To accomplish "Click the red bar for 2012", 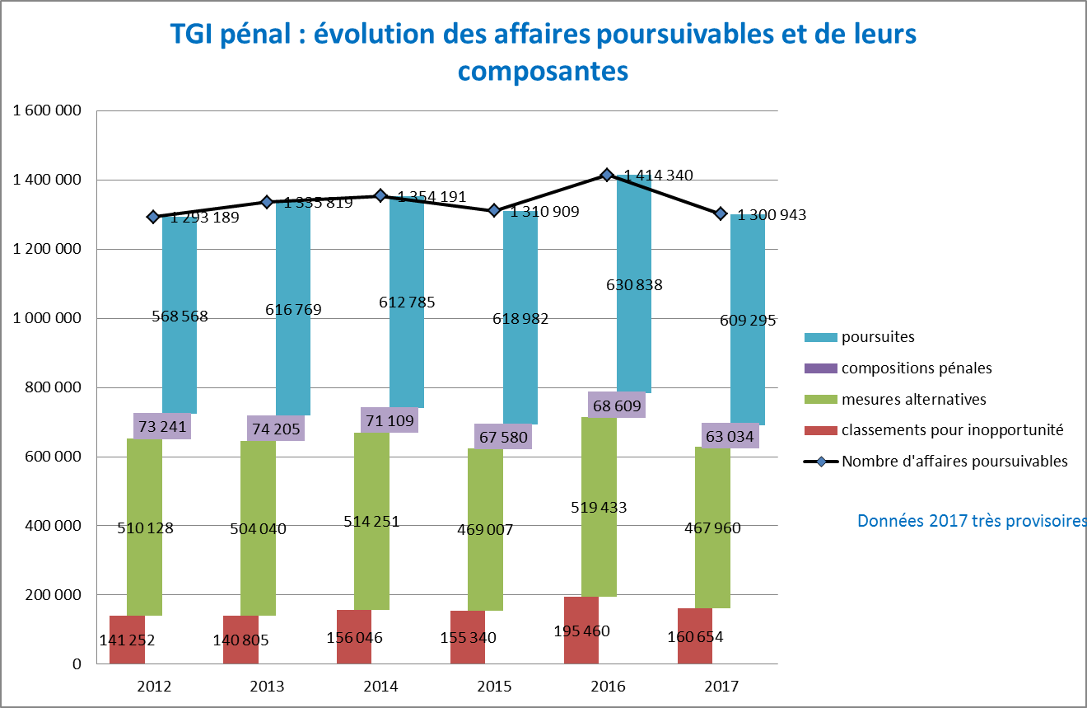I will tap(128, 640).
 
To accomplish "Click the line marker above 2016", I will tap(607, 175).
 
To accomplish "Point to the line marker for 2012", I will tap(153, 217).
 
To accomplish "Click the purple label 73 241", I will tap(161, 425).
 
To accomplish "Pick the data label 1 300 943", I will tap(772, 215).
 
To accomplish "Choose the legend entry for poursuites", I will tap(878, 337).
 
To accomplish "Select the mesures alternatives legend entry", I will tap(913, 400).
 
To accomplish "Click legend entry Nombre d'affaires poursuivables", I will tap(954, 462).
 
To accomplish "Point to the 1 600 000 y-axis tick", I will tap(47, 111).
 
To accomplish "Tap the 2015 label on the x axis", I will tap(494, 686).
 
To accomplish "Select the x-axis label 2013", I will tap(267, 686).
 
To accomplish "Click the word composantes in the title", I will tap(543, 71).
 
